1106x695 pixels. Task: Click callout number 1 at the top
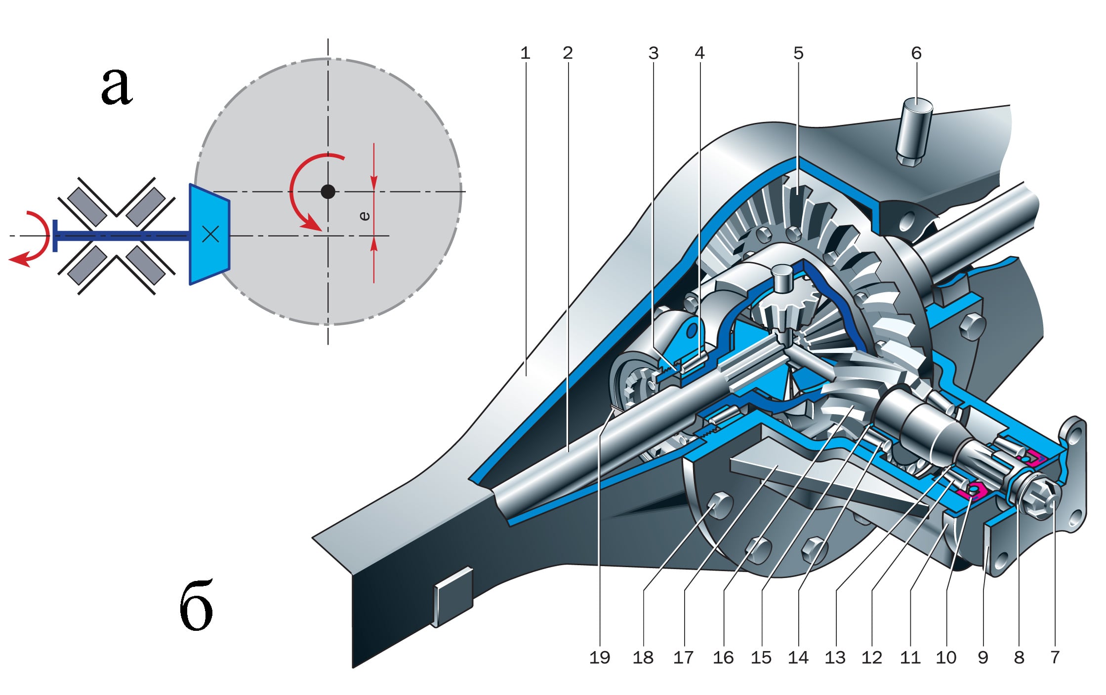coord(525,53)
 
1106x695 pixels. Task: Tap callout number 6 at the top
coord(916,53)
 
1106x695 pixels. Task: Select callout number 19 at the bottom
coord(600,657)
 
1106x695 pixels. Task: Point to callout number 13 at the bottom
coord(835,657)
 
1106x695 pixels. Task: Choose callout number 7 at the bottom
coord(1055,657)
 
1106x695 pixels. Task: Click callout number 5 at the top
coord(799,53)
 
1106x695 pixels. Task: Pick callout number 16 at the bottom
coord(723,657)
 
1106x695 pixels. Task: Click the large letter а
coord(117,86)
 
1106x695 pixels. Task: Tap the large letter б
coord(196,606)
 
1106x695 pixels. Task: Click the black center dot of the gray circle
coord(328,192)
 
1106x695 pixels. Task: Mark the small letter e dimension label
coord(365,216)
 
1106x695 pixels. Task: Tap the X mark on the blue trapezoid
coord(211,234)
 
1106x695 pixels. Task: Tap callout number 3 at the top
coord(654,53)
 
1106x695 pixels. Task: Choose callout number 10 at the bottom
coord(946,657)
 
